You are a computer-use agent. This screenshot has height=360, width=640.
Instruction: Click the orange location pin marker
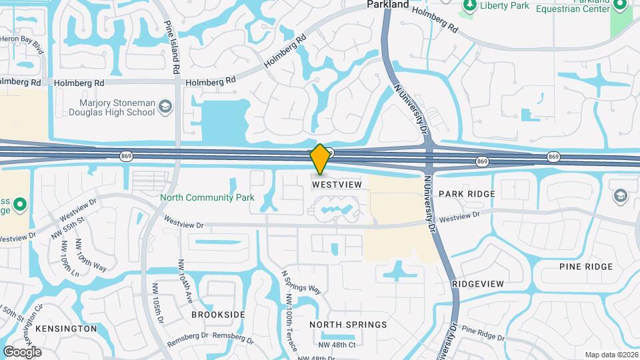coord(320,159)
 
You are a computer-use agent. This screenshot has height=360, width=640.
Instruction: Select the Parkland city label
coord(387,5)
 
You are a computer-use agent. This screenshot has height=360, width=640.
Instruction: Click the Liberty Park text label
coord(505,5)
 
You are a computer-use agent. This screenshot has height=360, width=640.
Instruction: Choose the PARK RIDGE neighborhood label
coord(467,194)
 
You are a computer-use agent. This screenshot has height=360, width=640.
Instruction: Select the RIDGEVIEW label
coord(477,284)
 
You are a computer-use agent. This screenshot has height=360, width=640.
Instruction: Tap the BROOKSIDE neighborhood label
coord(218,315)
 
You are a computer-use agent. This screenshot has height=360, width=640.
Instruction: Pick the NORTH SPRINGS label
coord(348,325)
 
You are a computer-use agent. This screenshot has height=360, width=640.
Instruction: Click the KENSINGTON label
coord(66,329)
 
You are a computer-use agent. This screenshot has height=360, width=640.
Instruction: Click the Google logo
coord(22,352)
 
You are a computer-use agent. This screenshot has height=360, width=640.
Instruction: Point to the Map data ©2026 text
coord(610,355)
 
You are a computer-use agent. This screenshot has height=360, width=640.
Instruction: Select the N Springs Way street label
coord(301,282)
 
